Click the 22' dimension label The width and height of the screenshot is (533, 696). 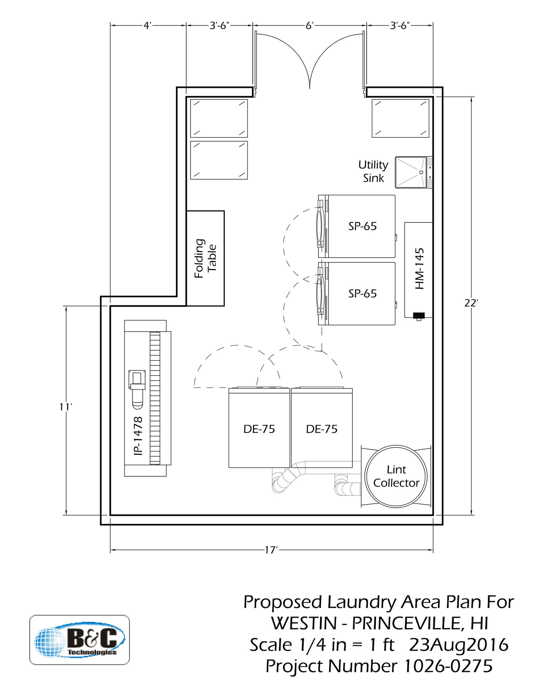[471, 303]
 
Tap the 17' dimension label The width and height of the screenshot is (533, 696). [271, 550]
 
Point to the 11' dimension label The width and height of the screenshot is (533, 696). [66, 407]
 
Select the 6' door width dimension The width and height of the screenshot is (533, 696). [309, 26]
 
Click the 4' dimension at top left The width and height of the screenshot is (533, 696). [148, 26]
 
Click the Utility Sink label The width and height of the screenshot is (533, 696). [373, 171]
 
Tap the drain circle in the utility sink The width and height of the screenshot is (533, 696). [421, 172]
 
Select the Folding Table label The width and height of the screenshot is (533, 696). [205, 258]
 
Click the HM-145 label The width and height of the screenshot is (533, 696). [419, 268]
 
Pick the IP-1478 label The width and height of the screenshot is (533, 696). [138, 436]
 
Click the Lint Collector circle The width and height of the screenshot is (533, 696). [396, 476]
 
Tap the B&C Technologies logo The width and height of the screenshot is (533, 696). [80, 640]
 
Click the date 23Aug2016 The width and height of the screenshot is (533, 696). [459, 645]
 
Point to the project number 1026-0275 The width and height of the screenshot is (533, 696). [448, 666]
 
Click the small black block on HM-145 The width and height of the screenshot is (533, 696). [419, 315]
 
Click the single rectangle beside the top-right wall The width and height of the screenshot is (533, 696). [400, 118]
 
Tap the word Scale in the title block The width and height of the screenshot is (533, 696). [270, 645]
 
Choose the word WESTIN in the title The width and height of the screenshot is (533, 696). [304, 623]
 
